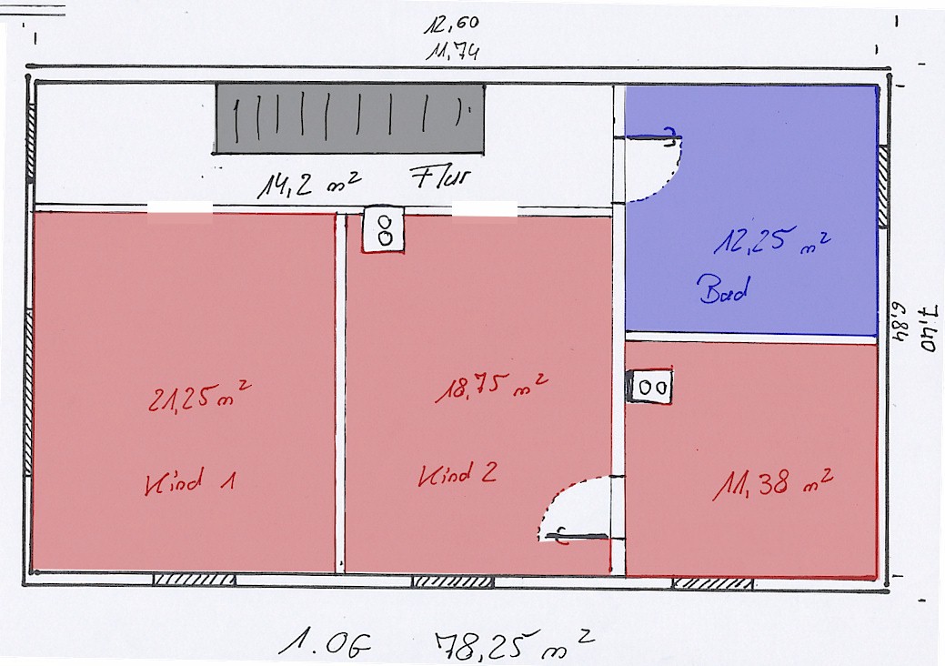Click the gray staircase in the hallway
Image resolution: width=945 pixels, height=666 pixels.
coord(349,119)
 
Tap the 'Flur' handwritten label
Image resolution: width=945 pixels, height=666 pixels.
coord(440,177)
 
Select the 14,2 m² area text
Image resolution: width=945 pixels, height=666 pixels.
coord(309,184)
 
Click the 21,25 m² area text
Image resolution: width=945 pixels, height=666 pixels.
coord(199,396)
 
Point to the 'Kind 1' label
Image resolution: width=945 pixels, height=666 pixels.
coord(189,481)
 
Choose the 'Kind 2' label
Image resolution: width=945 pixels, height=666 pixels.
coord(458,474)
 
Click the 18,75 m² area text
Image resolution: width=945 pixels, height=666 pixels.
coord(491,387)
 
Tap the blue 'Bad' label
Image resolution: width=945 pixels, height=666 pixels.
coord(724,289)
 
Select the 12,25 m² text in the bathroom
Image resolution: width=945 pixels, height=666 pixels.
coord(772,240)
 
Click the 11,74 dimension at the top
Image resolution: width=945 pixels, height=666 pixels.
coord(453,51)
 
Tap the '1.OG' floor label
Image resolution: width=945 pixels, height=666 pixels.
coord(325,643)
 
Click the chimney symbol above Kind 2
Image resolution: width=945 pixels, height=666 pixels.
coord(383,230)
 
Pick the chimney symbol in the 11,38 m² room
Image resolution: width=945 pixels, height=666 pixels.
coord(650,387)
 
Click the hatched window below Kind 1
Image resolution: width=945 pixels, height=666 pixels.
coord(194,580)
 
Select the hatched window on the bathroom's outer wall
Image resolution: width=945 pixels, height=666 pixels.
coord(882,187)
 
